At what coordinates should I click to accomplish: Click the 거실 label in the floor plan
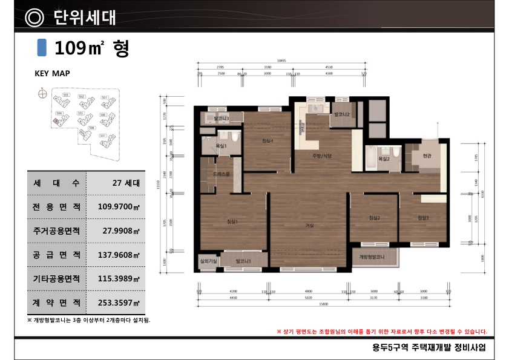click(x=309, y=225)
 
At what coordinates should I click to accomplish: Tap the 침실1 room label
click(x=232, y=221)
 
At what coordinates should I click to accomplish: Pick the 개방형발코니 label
click(x=373, y=257)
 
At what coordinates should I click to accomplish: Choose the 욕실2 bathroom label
click(x=384, y=159)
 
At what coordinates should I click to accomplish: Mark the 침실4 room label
click(x=268, y=141)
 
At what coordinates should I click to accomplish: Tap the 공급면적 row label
click(x=57, y=255)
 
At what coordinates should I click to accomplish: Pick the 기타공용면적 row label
click(x=57, y=278)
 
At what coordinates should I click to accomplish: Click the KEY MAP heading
click(x=52, y=73)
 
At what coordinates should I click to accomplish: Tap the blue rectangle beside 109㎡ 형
click(x=42, y=47)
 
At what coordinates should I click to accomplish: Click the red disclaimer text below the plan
click(x=381, y=332)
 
